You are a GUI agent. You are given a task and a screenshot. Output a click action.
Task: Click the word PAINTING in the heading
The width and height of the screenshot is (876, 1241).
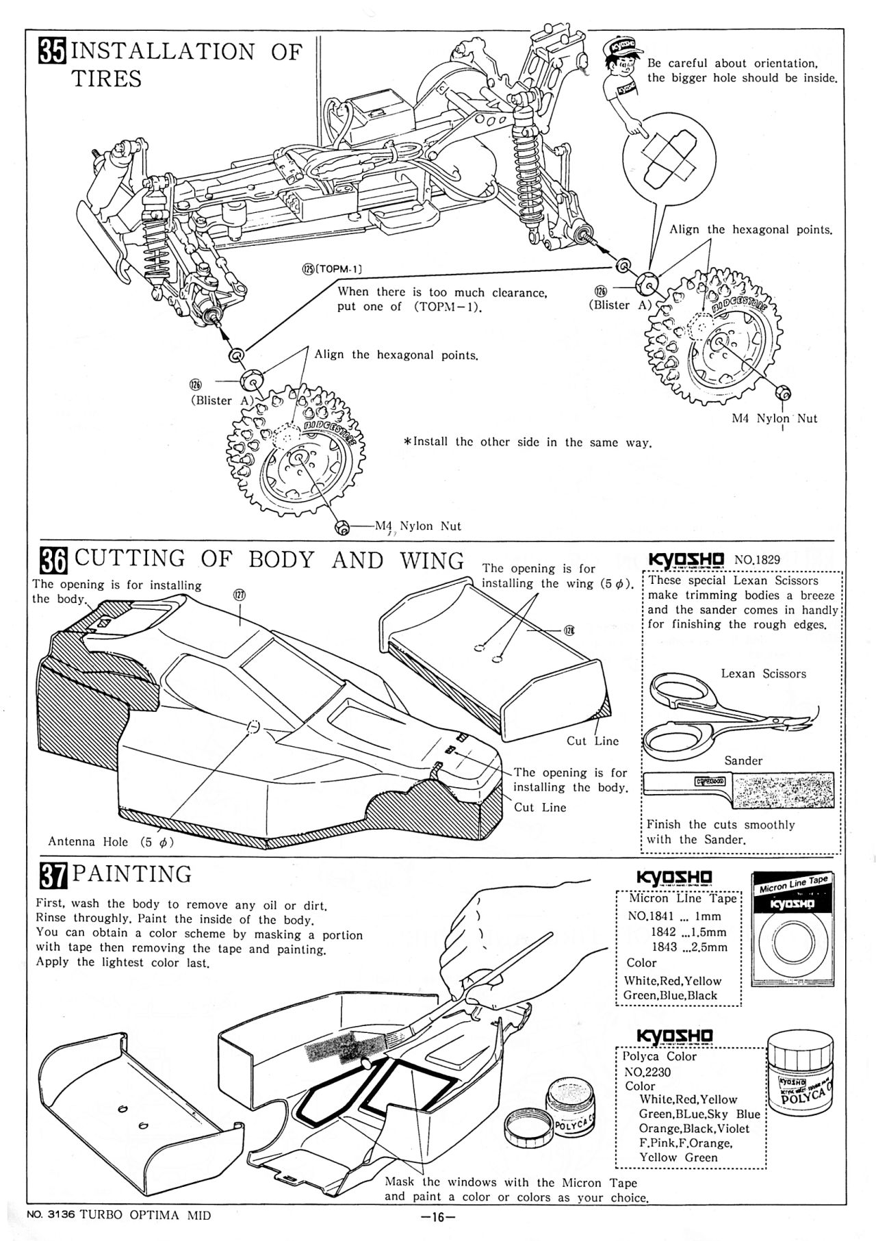(x=132, y=875)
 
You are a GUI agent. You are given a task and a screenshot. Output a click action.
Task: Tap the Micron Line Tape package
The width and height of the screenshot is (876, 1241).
(x=795, y=930)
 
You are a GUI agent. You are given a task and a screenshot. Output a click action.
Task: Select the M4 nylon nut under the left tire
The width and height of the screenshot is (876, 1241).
(x=341, y=526)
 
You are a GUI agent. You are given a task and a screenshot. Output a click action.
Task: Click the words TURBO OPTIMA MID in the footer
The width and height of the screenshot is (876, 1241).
(x=145, y=1216)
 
